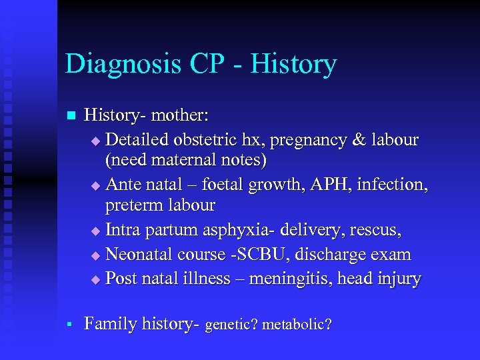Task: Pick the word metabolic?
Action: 297,325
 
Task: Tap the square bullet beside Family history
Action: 69,325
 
